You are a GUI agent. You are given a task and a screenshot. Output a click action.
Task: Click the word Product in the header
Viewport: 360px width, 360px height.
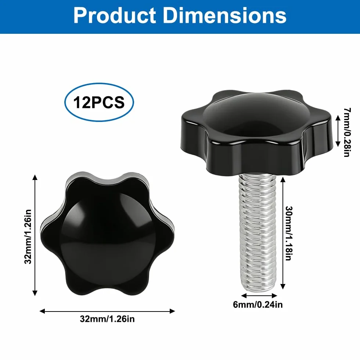(x=115, y=15)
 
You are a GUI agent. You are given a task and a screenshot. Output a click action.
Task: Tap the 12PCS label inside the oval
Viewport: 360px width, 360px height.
(x=99, y=102)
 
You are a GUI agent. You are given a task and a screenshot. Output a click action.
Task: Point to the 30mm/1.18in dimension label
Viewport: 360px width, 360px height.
(x=288, y=233)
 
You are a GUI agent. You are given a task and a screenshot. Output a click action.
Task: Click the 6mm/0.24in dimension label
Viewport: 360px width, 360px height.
(x=258, y=305)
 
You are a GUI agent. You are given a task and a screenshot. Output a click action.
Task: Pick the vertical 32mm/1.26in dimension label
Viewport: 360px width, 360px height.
(x=28, y=237)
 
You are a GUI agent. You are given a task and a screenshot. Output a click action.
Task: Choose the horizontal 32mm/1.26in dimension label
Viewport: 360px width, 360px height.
(x=107, y=319)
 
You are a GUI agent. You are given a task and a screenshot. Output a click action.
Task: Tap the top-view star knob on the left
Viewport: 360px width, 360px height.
(x=107, y=234)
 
